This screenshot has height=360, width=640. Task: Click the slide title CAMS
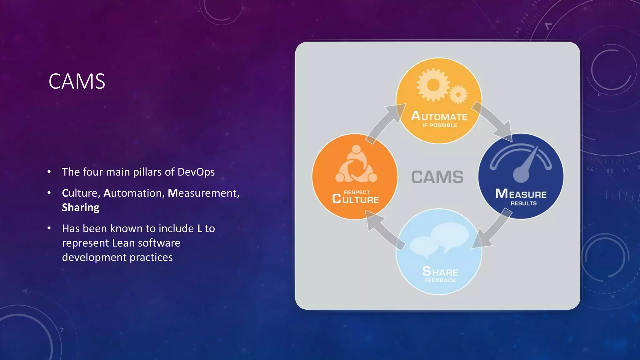(77, 82)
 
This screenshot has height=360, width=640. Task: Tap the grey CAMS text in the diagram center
(437, 177)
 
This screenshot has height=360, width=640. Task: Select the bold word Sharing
(81, 207)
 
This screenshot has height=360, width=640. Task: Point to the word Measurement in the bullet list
(203, 193)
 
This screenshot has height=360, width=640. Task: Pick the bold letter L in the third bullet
(200, 228)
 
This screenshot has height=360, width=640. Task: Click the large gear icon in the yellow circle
(433, 85)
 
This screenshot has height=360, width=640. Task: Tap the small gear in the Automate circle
(458, 94)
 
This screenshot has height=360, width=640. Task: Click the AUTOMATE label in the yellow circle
(439, 116)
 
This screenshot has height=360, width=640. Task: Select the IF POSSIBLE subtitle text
(440, 125)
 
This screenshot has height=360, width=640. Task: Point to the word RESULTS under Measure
(523, 203)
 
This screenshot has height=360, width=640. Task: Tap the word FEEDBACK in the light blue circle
(440, 280)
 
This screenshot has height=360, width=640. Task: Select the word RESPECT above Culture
(357, 192)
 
